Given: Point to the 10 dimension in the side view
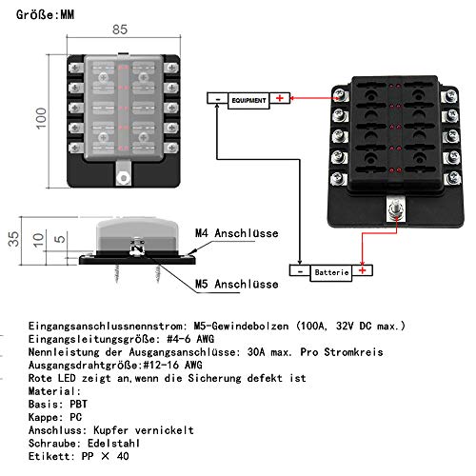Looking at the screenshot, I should coord(36,237).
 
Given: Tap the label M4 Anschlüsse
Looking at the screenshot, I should coord(233,233).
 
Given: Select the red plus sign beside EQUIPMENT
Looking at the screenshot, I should coord(280,98).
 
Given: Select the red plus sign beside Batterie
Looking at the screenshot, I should coord(363,272).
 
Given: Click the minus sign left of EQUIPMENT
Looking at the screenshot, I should coord(218,98).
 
